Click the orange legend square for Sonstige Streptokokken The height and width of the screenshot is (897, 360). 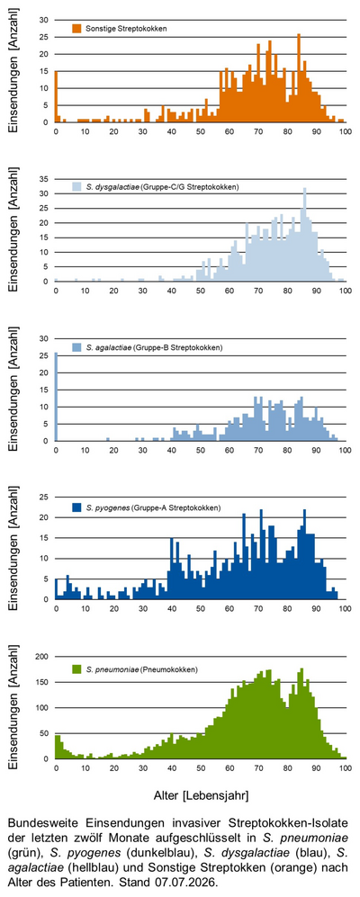(76, 28)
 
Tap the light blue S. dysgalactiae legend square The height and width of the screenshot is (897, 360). (76, 187)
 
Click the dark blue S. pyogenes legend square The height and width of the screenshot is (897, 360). (76, 507)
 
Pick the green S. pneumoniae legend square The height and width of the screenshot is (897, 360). (76, 668)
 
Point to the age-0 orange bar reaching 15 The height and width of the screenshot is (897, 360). (56, 96)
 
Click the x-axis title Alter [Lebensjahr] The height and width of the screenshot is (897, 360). (201, 795)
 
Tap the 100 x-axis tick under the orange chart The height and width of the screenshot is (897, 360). (345, 131)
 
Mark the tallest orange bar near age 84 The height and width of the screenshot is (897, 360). (299, 78)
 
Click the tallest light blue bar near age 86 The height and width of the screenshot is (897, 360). (304, 235)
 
